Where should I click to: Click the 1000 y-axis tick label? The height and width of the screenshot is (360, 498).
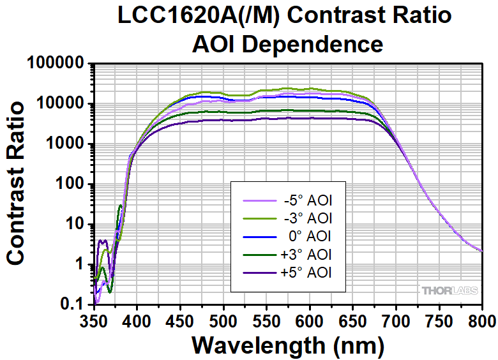click(68, 144)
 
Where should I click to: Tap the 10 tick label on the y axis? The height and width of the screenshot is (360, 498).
click(79, 224)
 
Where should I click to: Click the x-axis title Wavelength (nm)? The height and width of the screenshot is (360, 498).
click(287, 345)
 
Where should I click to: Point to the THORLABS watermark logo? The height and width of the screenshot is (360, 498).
click(449, 291)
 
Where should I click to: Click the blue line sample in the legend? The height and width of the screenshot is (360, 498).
click(257, 237)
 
